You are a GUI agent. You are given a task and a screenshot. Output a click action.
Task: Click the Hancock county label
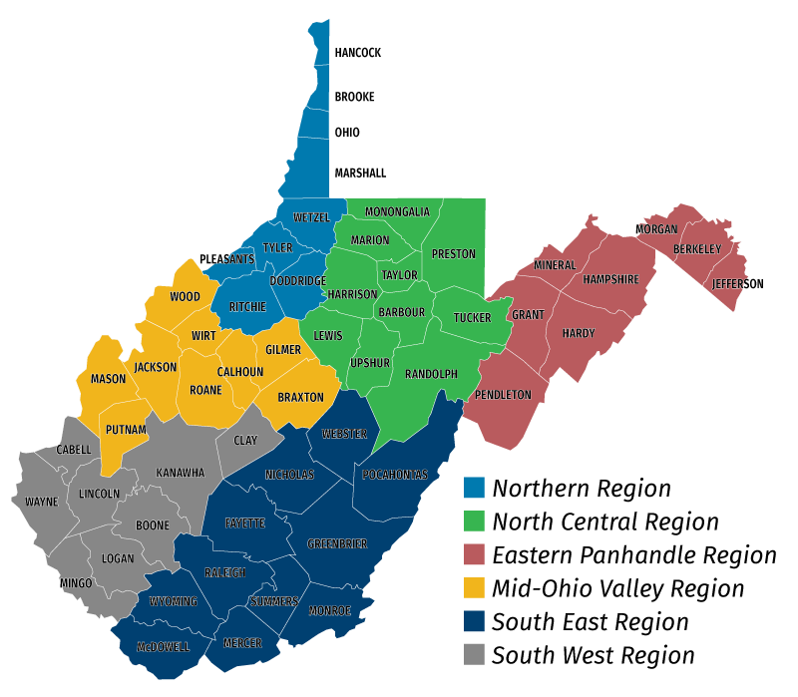[358, 53]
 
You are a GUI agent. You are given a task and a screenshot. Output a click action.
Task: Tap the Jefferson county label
[738, 284]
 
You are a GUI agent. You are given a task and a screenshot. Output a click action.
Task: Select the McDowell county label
[163, 647]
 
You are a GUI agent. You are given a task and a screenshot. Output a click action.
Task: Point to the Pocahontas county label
[395, 475]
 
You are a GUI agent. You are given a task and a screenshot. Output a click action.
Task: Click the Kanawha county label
[181, 473]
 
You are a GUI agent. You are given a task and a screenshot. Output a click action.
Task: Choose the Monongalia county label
[397, 212]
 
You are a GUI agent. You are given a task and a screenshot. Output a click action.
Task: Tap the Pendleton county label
[503, 395]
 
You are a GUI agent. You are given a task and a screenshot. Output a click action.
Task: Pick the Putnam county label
[126, 430]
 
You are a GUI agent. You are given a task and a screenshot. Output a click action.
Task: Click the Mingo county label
[76, 583]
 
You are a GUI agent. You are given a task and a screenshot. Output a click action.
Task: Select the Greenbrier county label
[337, 543]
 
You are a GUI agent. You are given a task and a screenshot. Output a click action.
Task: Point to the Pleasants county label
[226, 259]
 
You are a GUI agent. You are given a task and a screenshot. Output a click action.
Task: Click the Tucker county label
[472, 318]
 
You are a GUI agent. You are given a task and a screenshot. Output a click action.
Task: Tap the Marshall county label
[360, 173]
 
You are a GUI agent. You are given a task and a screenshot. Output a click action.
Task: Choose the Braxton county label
[300, 398]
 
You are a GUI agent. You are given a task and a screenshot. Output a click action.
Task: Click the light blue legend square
[475, 488]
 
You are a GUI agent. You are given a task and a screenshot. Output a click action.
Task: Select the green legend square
[475, 521]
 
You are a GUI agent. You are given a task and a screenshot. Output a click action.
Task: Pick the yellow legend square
[475, 587]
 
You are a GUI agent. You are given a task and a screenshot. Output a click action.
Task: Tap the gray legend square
[475, 654]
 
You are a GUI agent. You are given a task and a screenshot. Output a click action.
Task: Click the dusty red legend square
[475, 554]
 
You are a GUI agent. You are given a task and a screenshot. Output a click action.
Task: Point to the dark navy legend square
[475, 621]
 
